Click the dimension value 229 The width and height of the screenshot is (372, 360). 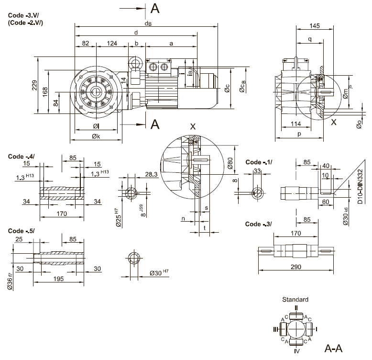(x=34, y=85)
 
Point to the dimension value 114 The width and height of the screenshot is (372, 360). (x=295, y=124)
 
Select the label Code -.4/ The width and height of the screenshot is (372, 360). (x=21, y=156)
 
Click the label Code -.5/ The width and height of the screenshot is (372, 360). (x=21, y=231)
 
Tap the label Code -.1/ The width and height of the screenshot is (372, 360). (x=258, y=162)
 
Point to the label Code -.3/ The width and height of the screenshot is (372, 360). (x=258, y=224)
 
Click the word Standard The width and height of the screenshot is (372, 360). (x=295, y=300)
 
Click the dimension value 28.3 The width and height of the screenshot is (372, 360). (x=151, y=174)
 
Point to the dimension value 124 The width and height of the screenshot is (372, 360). (x=112, y=44)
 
